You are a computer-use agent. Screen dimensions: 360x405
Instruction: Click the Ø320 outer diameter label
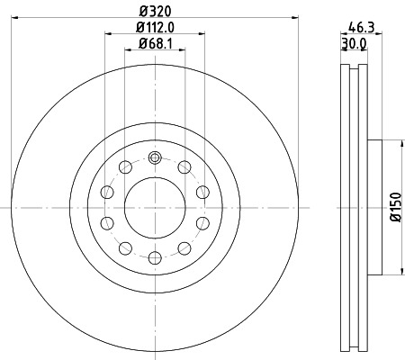click(x=154, y=12)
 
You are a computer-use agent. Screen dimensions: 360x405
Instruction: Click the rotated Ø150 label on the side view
click(x=393, y=207)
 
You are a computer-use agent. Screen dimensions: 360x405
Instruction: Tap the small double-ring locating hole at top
click(x=155, y=157)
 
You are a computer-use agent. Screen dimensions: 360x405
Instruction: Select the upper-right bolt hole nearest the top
click(x=184, y=166)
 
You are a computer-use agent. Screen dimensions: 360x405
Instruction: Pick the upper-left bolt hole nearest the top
click(x=125, y=166)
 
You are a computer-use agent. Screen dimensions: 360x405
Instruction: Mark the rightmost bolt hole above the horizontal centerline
click(x=202, y=191)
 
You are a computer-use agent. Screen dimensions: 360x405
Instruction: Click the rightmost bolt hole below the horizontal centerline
click(x=202, y=222)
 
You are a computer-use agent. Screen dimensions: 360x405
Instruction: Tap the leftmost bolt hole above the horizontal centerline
click(x=107, y=191)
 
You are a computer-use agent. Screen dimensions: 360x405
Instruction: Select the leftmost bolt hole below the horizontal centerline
click(x=107, y=222)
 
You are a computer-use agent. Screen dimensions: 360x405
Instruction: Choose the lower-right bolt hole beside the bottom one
click(x=184, y=247)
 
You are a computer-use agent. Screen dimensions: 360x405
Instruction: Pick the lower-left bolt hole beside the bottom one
click(x=125, y=247)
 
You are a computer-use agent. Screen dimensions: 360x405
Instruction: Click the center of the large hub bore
click(x=155, y=207)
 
